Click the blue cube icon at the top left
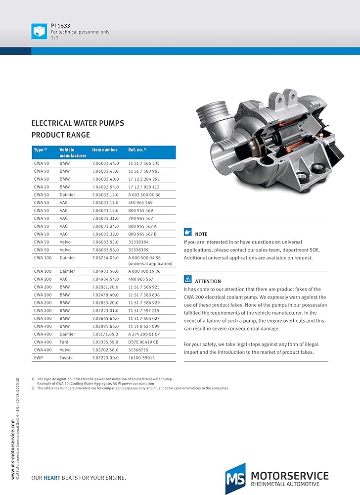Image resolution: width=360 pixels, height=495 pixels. pyautogui.click(x=39, y=31)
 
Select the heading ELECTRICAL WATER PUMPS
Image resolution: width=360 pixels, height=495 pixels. pyautogui.click(x=78, y=123)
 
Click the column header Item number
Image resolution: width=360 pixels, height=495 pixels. pyautogui.click(x=105, y=149)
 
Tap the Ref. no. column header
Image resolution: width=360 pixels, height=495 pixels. pyautogui.click(x=137, y=149)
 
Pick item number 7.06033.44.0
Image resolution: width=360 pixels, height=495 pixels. pyautogui.click(x=105, y=163)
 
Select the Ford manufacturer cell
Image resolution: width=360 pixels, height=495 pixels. pyautogui.click(x=64, y=342)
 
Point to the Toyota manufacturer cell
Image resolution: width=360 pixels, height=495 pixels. pyautogui.click(x=66, y=357)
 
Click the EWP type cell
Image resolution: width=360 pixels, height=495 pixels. pyautogui.click(x=38, y=357)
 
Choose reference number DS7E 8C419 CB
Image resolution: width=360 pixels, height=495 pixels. pyautogui.click(x=143, y=342)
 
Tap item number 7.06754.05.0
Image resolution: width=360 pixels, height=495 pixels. pyautogui.click(x=105, y=258)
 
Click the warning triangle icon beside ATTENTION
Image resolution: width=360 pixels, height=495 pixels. pyautogui.click(x=187, y=279)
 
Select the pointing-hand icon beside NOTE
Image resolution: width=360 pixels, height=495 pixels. pyautogui.click(x=187, y=232)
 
